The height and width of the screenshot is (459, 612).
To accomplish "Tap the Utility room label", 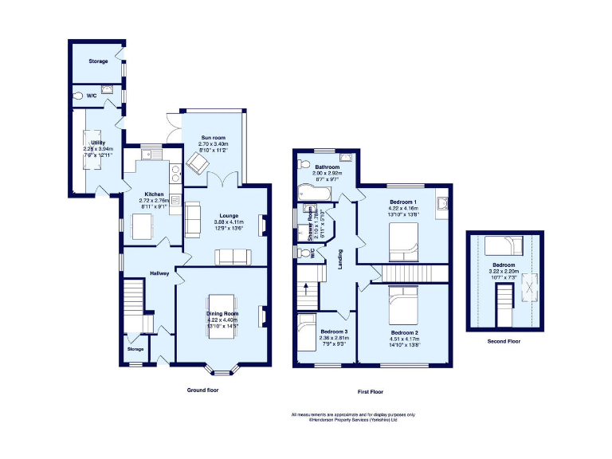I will tap(98, 143).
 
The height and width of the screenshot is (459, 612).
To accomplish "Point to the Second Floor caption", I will tap(504, 340).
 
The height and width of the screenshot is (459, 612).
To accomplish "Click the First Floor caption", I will tap(371, 392).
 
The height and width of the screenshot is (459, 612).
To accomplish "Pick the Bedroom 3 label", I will tap(334, 331).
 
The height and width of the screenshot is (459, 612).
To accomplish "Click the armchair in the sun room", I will tap(198, 163).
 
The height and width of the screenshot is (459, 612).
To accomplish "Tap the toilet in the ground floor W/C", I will tap(78, 96).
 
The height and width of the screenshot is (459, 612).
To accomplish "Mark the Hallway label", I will tap(159, 273).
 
